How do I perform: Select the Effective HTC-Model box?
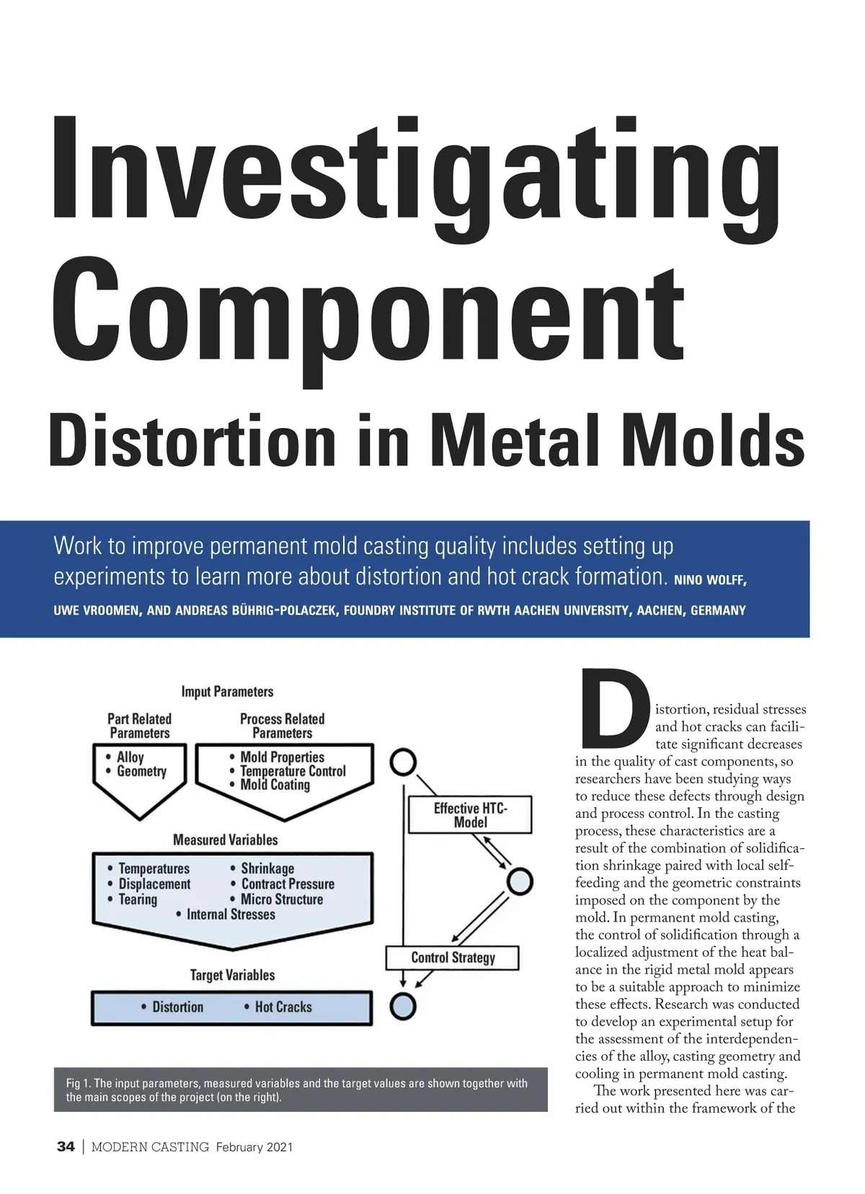470,815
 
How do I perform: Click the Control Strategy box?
453,958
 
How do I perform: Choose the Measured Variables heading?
225,839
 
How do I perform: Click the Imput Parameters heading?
227,692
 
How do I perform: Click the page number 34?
66,1146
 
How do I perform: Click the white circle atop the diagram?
404,762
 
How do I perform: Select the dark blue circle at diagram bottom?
403,1007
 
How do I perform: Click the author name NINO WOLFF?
710,580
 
